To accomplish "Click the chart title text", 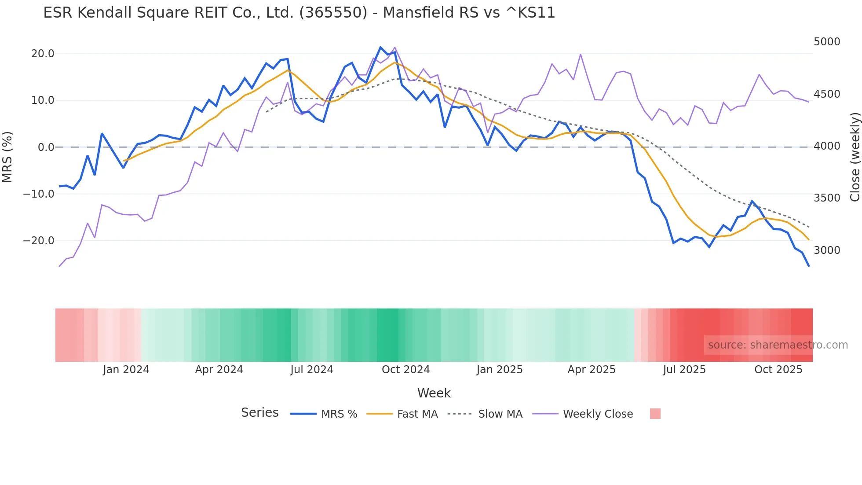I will [299, 12].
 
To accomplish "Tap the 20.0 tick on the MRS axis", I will [43, 54].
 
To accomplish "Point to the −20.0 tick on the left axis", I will [39, 241].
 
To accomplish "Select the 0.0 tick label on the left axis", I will [46, 147].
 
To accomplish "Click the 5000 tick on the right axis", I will [827, 42].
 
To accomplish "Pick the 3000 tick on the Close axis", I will [827, 250].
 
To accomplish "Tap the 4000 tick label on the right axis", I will [827, 146].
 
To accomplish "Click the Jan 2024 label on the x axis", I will [126, 370].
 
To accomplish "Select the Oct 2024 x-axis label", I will [405, 370].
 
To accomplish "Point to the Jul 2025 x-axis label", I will [684, 370].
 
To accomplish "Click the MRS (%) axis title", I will [7, 157].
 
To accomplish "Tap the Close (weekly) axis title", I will [855, 157].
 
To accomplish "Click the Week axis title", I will [434, 393].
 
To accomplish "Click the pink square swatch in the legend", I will [655, 414].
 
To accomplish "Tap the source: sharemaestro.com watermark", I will [778, 345].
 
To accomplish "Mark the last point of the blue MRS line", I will [809, 266].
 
